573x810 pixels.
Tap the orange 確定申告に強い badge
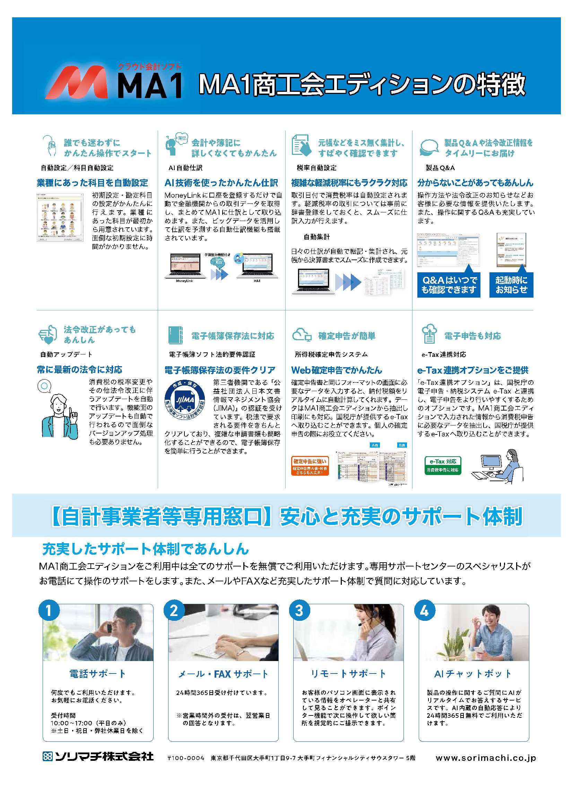310,466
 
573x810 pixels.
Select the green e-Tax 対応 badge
443,465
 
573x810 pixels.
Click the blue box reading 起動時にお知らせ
511,285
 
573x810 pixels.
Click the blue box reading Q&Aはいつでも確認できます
449,285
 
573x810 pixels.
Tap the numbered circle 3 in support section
299,610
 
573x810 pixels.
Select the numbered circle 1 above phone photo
49,610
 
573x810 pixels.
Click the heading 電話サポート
97,673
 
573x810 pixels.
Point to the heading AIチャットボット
473,673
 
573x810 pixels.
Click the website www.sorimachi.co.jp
485,757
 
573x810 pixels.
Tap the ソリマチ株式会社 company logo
98,756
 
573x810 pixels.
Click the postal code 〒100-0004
186,758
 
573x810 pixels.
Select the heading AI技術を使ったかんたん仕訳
222,183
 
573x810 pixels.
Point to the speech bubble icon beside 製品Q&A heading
429,147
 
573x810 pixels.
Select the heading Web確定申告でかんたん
337,370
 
